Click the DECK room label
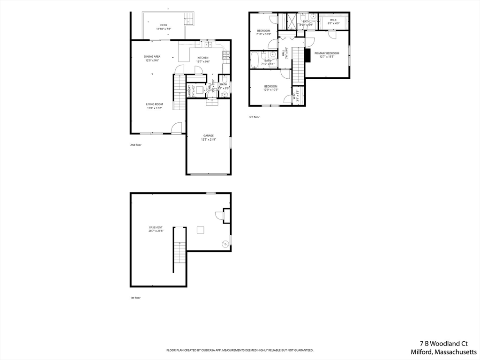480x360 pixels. [164, 25]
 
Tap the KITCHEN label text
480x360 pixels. [203, 58]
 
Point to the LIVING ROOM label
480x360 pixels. [154, 104]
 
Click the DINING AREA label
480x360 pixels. [152, 56]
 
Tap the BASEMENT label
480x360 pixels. [156, 227]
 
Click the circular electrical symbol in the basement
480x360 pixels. [225, 243]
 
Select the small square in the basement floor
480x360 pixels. [200, 230]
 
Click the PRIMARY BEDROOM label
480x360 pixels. [327, 53]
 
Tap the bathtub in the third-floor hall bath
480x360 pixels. [255, 60]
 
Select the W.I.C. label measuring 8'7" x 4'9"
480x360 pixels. [334, 20]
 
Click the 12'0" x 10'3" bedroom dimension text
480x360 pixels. [270, 90]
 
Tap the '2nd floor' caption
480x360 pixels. [136, 145]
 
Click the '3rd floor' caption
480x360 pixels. [254, 117]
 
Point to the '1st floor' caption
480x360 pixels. [135, 298]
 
